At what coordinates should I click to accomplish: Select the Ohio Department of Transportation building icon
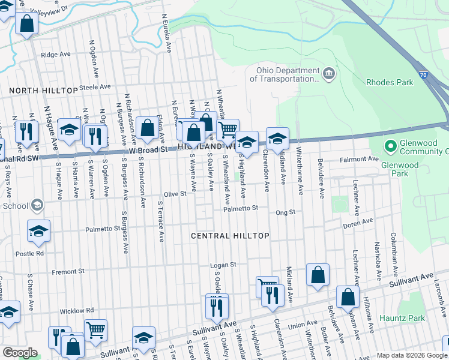[x=328, y=74]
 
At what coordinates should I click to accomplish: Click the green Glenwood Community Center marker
[x=390, y=146]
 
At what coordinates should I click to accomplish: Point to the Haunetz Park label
[x=419, y=318]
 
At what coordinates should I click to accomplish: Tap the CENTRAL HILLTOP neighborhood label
[x=230, y=236]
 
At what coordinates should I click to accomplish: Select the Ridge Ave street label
[x=56, y=55]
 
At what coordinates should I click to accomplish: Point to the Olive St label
[x=175, y=194]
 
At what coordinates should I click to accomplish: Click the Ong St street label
[x=285, y=212]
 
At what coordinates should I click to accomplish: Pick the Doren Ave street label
[x=358, y=226]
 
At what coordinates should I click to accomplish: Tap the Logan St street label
[x=223, y=265]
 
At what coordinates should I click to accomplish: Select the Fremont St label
[x=64, y=272]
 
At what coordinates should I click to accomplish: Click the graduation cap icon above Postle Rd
[x=38, y=231]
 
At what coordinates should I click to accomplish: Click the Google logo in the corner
[x=20, y=353]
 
